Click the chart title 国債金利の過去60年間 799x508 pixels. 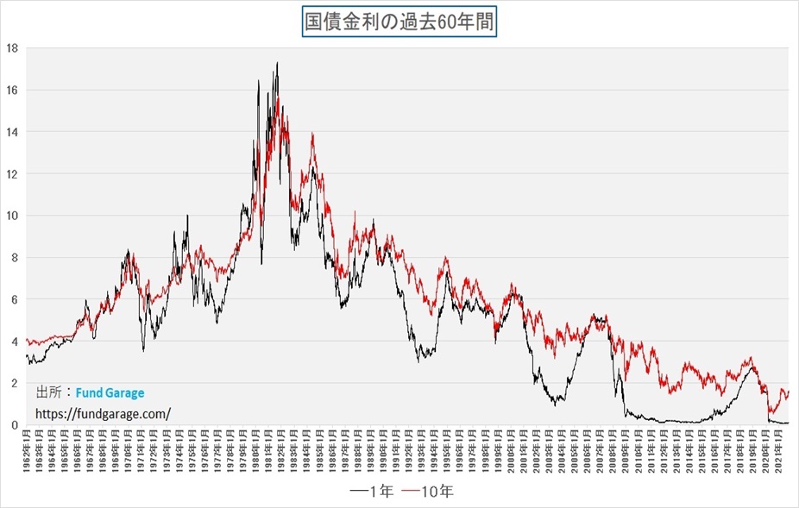[x=399, y=22]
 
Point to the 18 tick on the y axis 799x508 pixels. [x=12, y=48]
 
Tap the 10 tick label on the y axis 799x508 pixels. [x=12, y=216]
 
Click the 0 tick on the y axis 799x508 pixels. [x=16, y=425]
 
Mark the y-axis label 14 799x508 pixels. [x=12, y=132]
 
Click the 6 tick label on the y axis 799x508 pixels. [x=16, y=299]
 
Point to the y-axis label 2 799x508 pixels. [x=16, y=383]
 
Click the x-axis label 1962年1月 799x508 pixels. [x=28, y=449]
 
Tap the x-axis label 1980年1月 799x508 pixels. [x=257, y=449]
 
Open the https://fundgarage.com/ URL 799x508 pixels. [x=103, y=413]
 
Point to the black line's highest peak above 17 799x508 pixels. [x=277, y=62]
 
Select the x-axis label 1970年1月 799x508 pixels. [x=130, y=449]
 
